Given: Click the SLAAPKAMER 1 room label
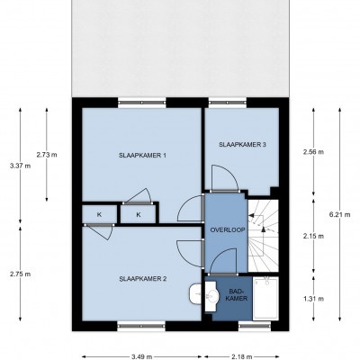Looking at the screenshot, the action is (x=142, y=156).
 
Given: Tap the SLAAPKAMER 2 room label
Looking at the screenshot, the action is (x=143, y=279).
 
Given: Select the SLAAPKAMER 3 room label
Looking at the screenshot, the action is (x=242, y=145).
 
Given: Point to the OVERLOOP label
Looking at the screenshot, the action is (x=228, y=230).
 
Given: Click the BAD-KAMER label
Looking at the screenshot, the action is (x=237, y=295).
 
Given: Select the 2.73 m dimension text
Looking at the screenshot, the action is (x=47, y=155).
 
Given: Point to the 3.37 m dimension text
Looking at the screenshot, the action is (x=20, y=166).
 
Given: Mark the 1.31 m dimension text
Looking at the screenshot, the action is (x=313, y=299).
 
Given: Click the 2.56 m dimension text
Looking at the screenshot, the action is (x=313, y=152).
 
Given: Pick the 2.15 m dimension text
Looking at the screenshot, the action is (x=313, y=236).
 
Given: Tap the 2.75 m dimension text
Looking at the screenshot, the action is (x=20, y=274).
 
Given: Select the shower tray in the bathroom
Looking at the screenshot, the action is (x=265, y=298).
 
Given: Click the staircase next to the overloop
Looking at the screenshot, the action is (x=263, y=236).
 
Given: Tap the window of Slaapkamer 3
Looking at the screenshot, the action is (x=228, y=103).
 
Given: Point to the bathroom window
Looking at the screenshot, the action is (x=255, y=325).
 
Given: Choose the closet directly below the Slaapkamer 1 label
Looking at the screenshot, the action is (x=139, y=214).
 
